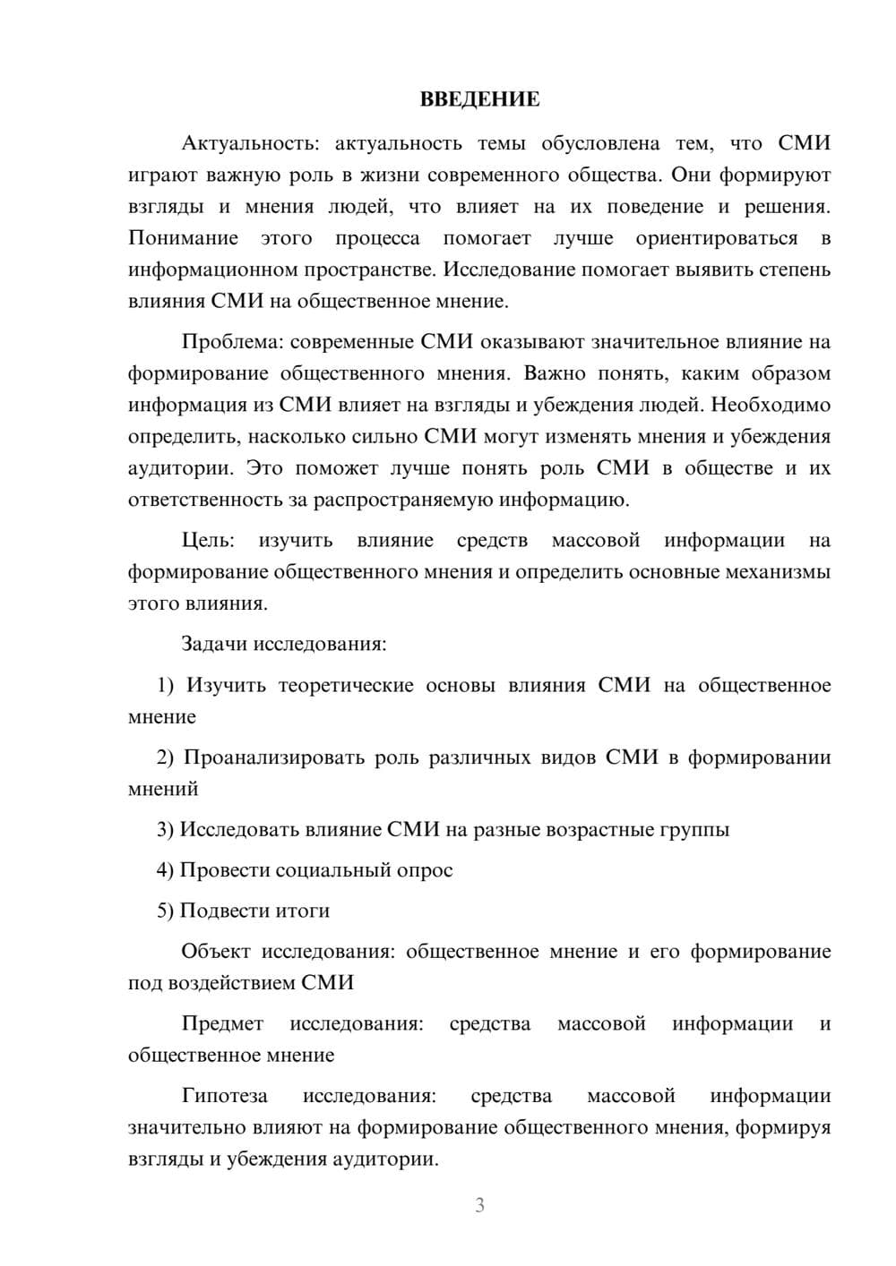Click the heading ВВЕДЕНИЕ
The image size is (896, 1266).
tap(479, 99)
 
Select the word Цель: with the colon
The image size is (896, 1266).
tap(208, 541)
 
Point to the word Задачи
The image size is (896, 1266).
tap(215, 644)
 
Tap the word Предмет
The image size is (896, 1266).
tap(222, 1023)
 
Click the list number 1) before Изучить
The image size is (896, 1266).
tap(165, 686)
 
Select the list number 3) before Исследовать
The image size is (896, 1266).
tap(165, 830)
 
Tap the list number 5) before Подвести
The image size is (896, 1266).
tap(165, 911)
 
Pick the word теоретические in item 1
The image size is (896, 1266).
tap(346, 686)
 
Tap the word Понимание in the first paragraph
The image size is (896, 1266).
tap(183, 238)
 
